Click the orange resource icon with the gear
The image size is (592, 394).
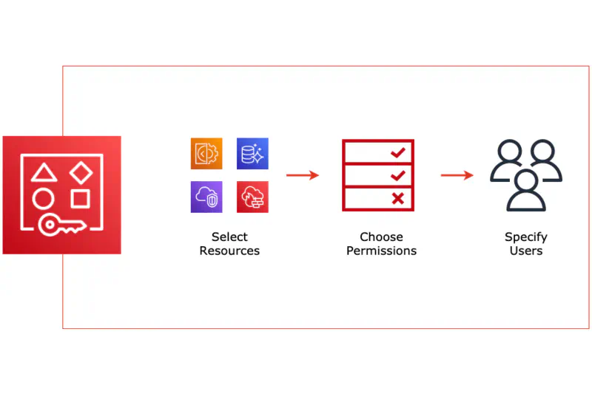pyautogui.click(x=206, y=154)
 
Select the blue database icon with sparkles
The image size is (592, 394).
pyautogui.click(x=252, y=154)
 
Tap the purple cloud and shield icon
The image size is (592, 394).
pyautogui.click(x=206, y=197)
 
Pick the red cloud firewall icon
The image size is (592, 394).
pyautogui.click(x=252, y=197)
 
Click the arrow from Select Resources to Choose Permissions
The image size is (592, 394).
pyautogui.click(x=303, y=175)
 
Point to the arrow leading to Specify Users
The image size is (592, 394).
pyautogui.click(x=457, y=175)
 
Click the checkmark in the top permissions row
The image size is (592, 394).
pyautogui.click(x=398, y=152)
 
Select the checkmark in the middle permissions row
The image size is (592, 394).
pyautogui.click(x=398, y=175)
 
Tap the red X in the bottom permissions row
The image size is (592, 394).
pyautogui.click(x=398, y=198)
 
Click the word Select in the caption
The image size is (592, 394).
pyautogui.click(x=229, y=237)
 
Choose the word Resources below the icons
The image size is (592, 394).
pyautogui.click(x=229, y=251)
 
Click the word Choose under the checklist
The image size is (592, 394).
pyautogui.click(x=381, y=237)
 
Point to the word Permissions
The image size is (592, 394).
pyautogui.click(x=381, y=251)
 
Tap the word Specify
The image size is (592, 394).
pyautogui.click(x=526, y=237)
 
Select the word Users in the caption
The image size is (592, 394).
pyautogui.click(x=526, y=251)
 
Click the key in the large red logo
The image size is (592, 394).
pyautogui.click(x=62, y=225)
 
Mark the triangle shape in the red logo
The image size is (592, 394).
pyautogui.click(x=44, y=172)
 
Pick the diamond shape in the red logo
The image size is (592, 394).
pyautogui.click(x=81, y=173)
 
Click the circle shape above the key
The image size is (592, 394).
pyautogui.click(x=43, y=198)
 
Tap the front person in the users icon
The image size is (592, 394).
pyautogui.click(x=526, y=191)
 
